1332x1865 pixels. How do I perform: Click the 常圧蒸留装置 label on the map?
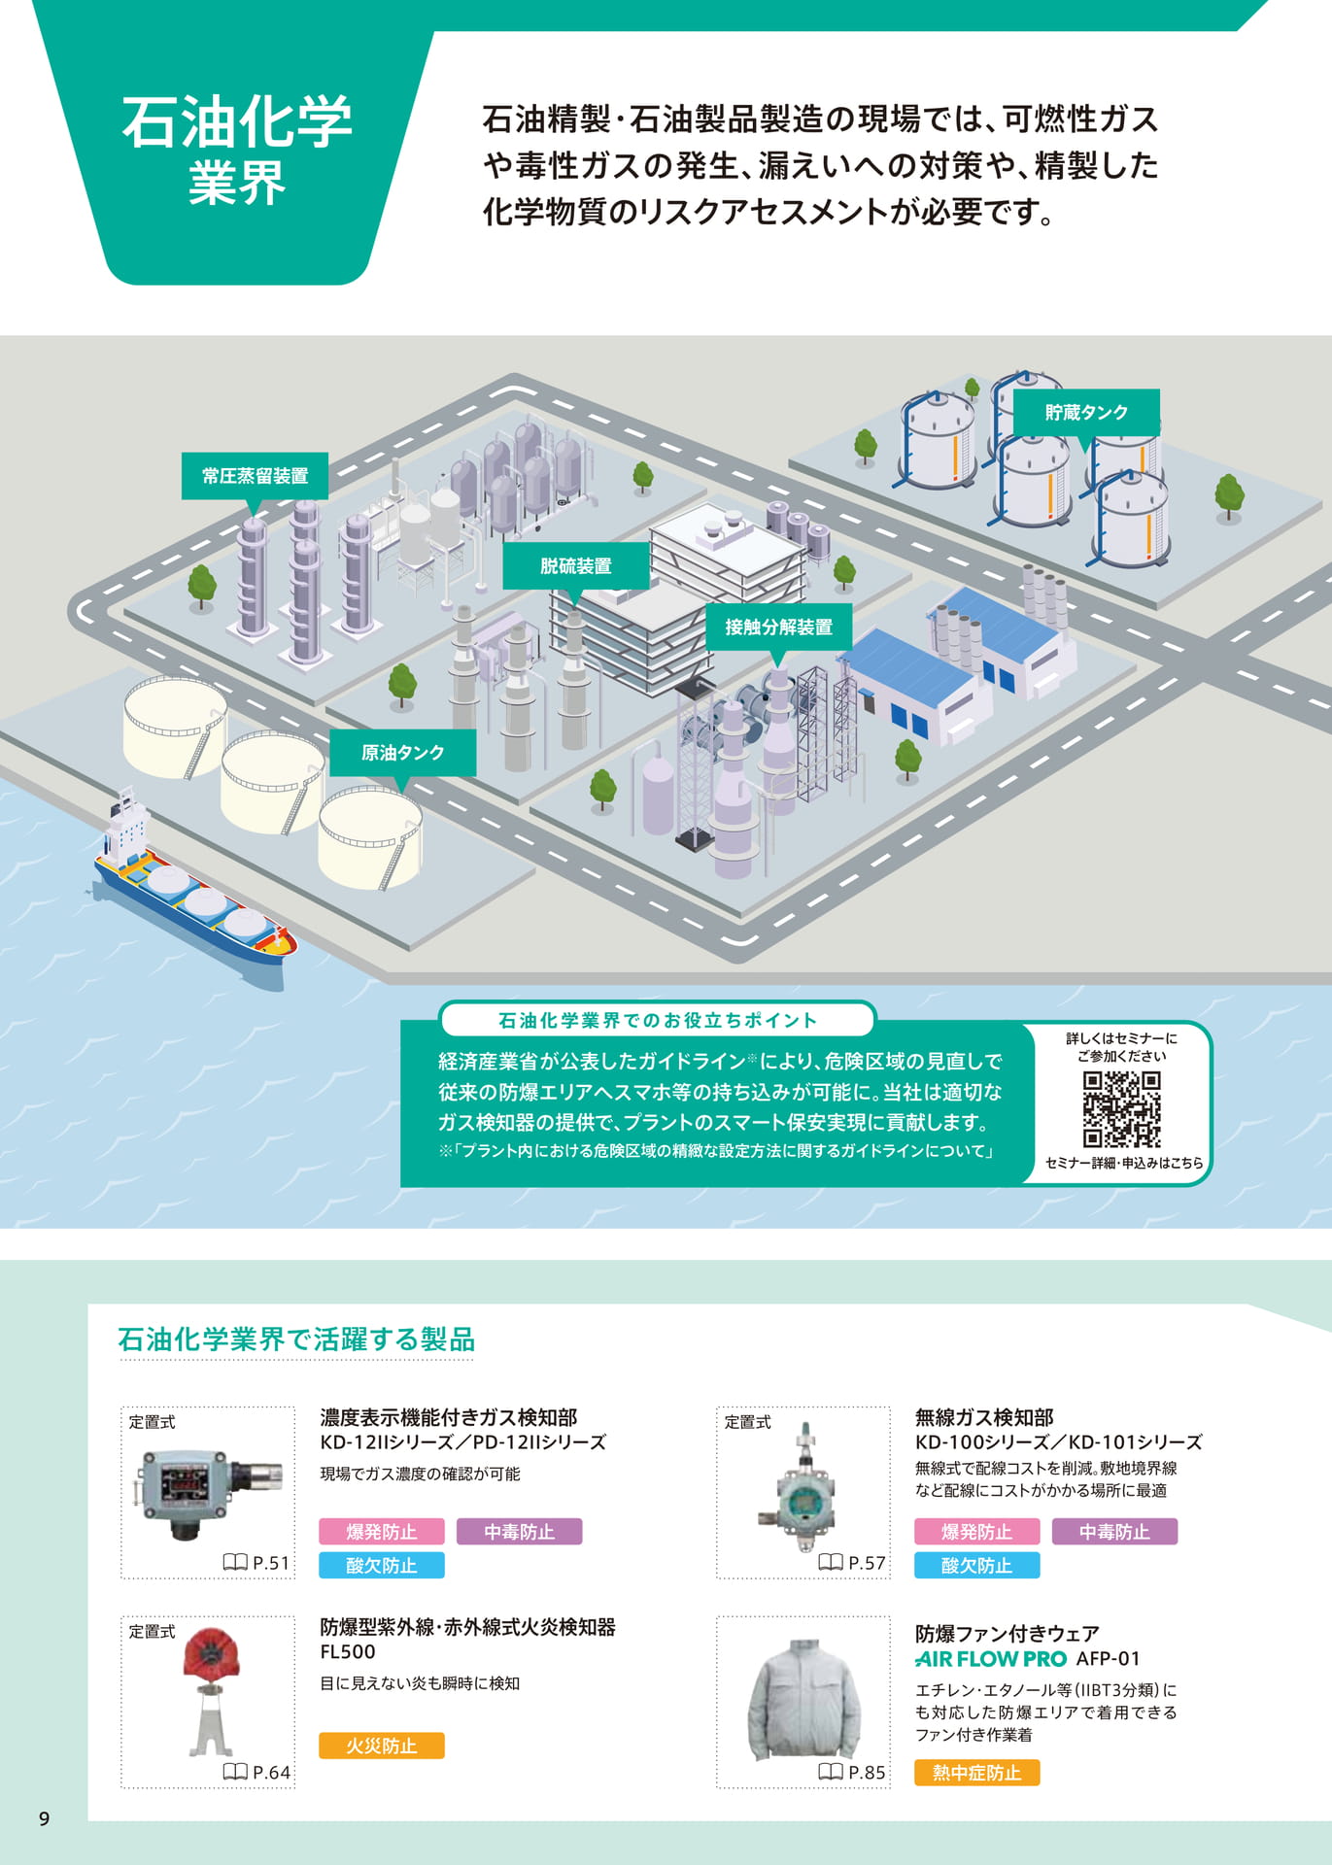[x=255, y=476]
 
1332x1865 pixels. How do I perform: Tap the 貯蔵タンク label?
[x=1086, y=413]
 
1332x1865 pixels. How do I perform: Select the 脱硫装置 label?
[x=575, y=566]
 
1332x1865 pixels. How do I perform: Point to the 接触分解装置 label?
[x=778, y=627]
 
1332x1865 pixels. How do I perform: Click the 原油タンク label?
[x=402, y=753]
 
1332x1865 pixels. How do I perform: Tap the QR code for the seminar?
[x=1122, y=1109]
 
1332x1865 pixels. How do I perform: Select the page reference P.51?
[x=257, y=1563]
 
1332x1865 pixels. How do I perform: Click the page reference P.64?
[x=257, y=1773]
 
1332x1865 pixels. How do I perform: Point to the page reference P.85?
[x=852, y=1773]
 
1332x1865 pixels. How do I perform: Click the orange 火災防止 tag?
[x=382, y=1746]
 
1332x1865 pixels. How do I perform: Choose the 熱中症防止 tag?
[x=976, y=1773]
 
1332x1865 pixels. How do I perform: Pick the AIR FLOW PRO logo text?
[x=991, y=1659]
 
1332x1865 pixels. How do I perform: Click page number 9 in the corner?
[x=44, y=1819]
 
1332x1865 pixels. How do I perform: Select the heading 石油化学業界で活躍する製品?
[x=296, y=1339]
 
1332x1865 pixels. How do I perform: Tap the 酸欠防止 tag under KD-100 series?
[x=976, y=1565]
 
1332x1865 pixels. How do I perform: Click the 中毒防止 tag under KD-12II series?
[x=520, y=1532]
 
